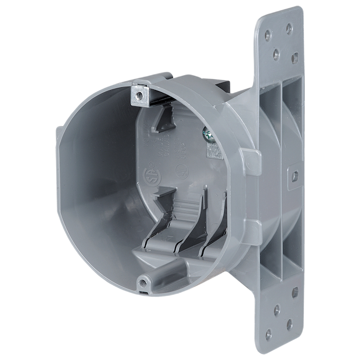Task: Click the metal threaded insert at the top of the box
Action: (140, 95)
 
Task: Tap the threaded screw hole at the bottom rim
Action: (144, 281)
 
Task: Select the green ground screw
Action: (208, 134)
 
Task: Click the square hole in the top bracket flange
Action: (295, 57)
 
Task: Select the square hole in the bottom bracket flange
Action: (295, 292)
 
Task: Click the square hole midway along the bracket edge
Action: (295, 176)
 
